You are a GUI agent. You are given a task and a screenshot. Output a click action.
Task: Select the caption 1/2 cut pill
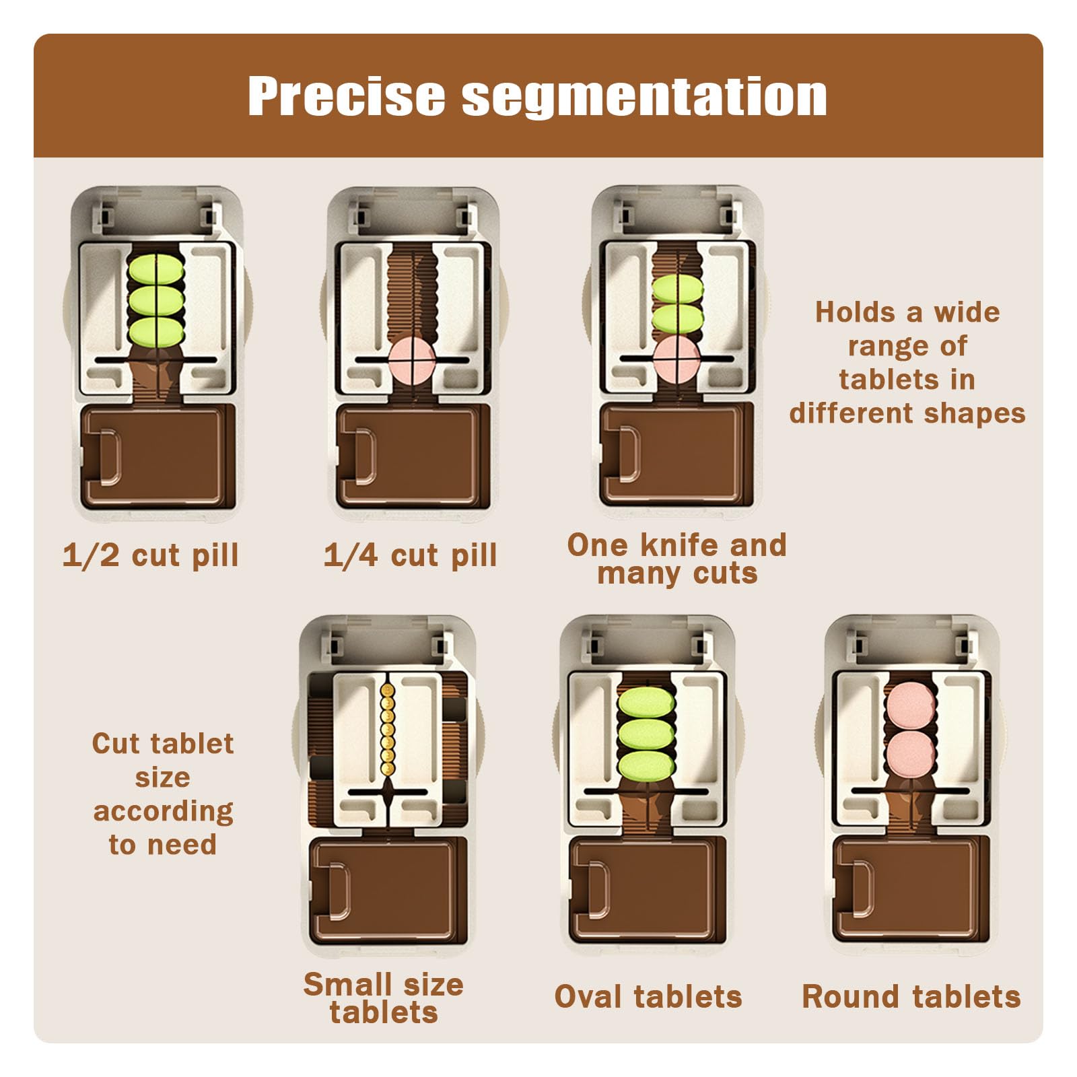(151, 556)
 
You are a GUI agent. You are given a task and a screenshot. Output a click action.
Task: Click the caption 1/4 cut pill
(410, 556)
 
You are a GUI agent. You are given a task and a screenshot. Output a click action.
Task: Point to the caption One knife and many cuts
(677, 559)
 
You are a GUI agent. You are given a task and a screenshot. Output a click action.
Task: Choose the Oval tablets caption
(648, 997)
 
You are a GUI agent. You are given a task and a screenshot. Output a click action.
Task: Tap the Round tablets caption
(911, 997)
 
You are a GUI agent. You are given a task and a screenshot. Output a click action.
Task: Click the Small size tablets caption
(384, 998)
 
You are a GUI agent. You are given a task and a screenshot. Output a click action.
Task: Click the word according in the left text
(164, 812)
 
